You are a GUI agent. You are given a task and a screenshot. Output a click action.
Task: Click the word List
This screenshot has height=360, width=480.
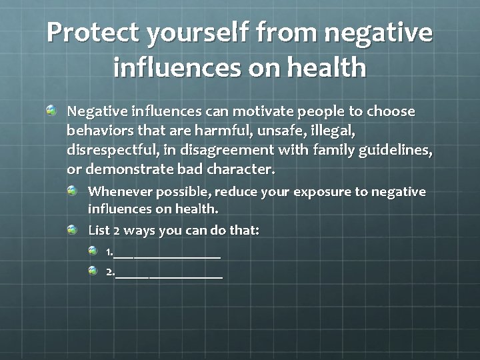coord(99,231)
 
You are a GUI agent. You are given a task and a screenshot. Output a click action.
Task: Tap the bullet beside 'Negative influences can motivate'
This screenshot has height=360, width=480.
coord(51,109)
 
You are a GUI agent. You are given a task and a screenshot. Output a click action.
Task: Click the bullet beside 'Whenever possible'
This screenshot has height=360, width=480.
coord(72,191)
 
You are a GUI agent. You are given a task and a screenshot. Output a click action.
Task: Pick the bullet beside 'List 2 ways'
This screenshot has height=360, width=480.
coord(72,229)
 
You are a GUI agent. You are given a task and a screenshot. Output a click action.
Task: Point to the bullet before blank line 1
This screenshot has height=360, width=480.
coord(93,251)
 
